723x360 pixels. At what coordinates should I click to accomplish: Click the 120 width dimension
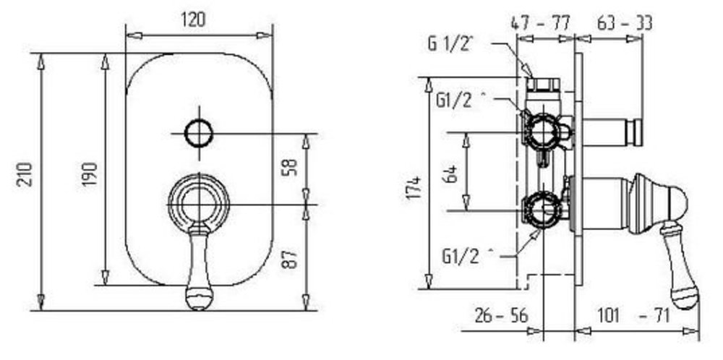point(193,20)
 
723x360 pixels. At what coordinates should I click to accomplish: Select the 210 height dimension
point(25,174)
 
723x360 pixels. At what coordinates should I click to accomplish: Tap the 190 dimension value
point(90,174)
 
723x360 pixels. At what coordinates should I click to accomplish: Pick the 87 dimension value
point(290,260)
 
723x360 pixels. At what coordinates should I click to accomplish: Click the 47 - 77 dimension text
point(542,22)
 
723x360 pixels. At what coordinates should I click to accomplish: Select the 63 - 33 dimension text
point(625,22)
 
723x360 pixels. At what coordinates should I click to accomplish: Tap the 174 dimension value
point(414,187)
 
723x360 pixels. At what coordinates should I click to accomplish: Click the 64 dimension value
point(453,174)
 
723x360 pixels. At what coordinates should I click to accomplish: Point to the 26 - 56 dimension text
point(502,316)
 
